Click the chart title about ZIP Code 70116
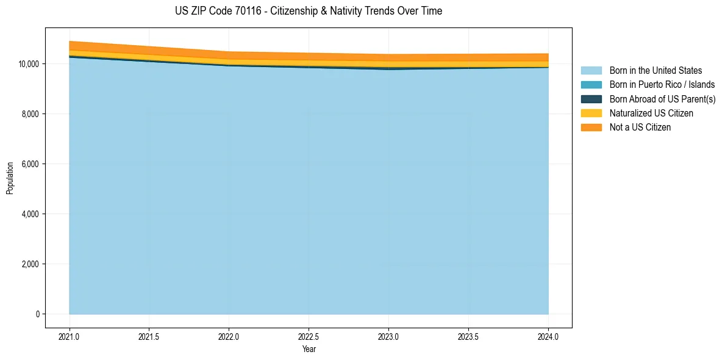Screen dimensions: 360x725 (309, 11)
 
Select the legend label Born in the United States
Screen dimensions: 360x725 (655, 71)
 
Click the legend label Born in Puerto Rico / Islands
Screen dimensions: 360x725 (662, 85)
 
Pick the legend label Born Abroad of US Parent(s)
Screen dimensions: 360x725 (662, 99)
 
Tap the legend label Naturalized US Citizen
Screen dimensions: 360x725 (651, 113)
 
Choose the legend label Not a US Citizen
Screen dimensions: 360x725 (640, 128)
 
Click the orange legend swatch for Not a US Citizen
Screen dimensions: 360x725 (591, 128)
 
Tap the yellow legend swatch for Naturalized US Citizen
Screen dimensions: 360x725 (591, 113)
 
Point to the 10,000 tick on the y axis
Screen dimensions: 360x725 (27, 64)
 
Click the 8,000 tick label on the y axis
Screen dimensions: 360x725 (29, 114)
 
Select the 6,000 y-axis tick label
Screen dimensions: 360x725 (29, 164)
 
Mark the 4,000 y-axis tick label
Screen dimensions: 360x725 (29, 214)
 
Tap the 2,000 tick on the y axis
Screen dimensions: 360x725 (29, 264)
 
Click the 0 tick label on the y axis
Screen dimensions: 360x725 (37, 314)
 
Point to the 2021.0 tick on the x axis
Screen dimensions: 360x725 (70, 336)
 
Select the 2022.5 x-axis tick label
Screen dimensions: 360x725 (309, 336)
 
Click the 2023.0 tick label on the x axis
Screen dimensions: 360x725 (388, 336)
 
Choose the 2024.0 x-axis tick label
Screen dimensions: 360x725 (548, 336)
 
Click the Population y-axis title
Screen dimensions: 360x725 (10, 178)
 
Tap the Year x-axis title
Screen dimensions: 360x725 (309, 350)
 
